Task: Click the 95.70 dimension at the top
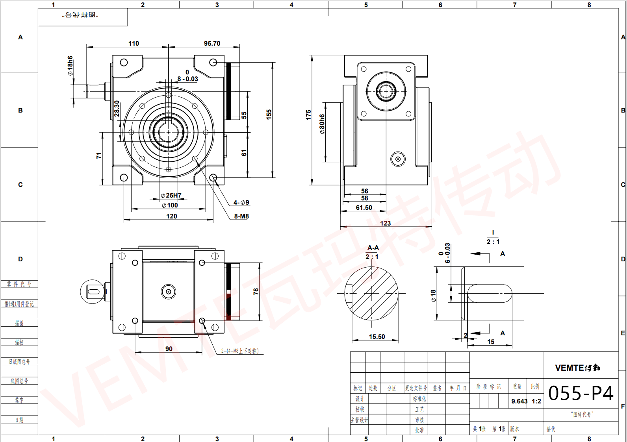pos(212,43)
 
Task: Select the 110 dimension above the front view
pos(134,43)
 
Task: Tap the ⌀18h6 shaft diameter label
pos(70,66)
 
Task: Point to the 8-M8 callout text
pos(241,216)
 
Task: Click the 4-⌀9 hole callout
pos(241,203)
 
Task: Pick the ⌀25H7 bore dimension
pos(171,195)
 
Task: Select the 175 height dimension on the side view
pos(308,115)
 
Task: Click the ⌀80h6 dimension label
pos(322,124)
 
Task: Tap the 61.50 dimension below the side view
pos(364,207)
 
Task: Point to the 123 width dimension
pos(385,223)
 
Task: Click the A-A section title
pos(373,248)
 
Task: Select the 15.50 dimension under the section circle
pos(377,337)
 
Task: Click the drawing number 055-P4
pos(581,393)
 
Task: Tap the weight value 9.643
pos(519,401)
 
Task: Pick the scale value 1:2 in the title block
pos(536,401)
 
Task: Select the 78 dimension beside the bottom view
pos(256,291)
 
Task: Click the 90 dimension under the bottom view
pos(169,349)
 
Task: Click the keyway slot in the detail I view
pos(490,294)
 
